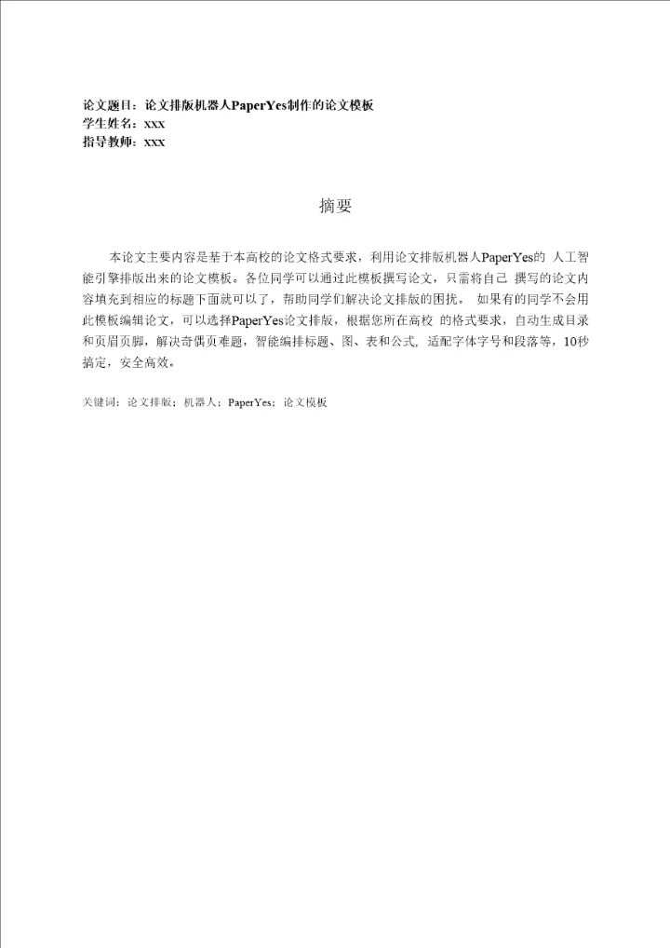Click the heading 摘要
(335, 207)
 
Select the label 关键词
(100, 403)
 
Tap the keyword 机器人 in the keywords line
(200, 403)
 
